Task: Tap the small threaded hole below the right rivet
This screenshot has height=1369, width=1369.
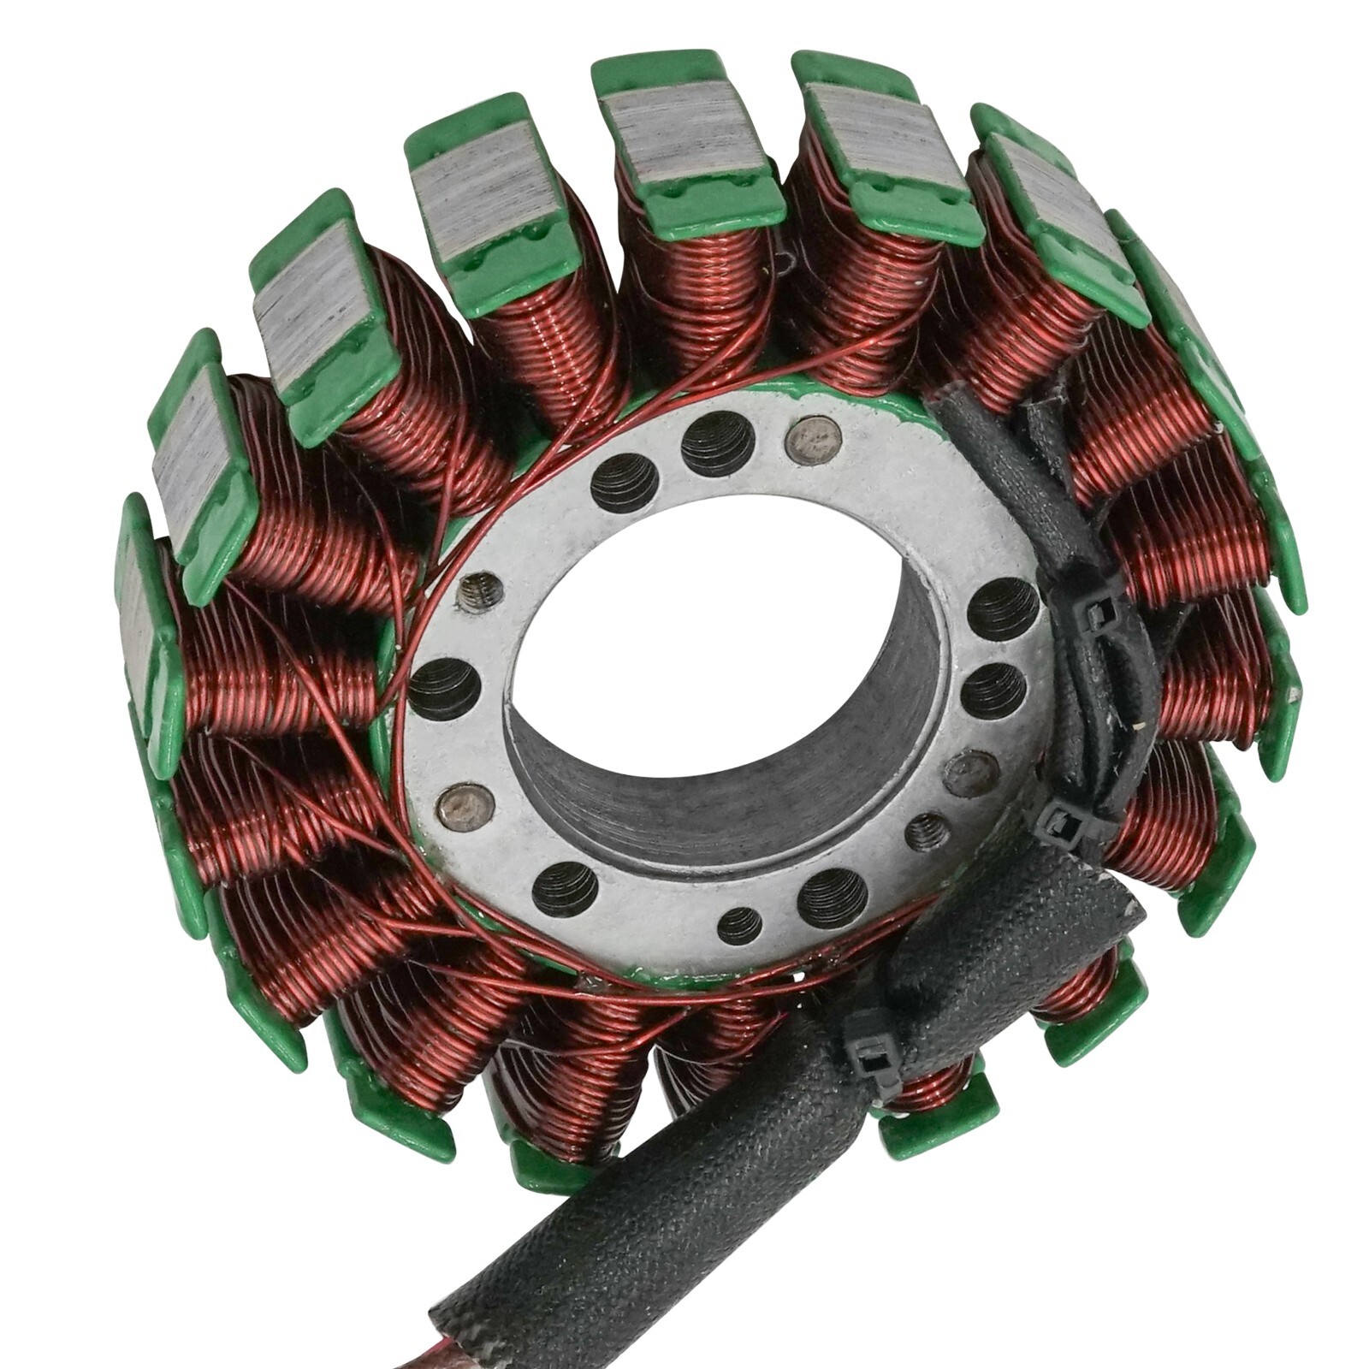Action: pyautogui.click(x=925, y=830)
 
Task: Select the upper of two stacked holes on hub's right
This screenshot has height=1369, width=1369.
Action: pyautogui.click(x=1002, y=610)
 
